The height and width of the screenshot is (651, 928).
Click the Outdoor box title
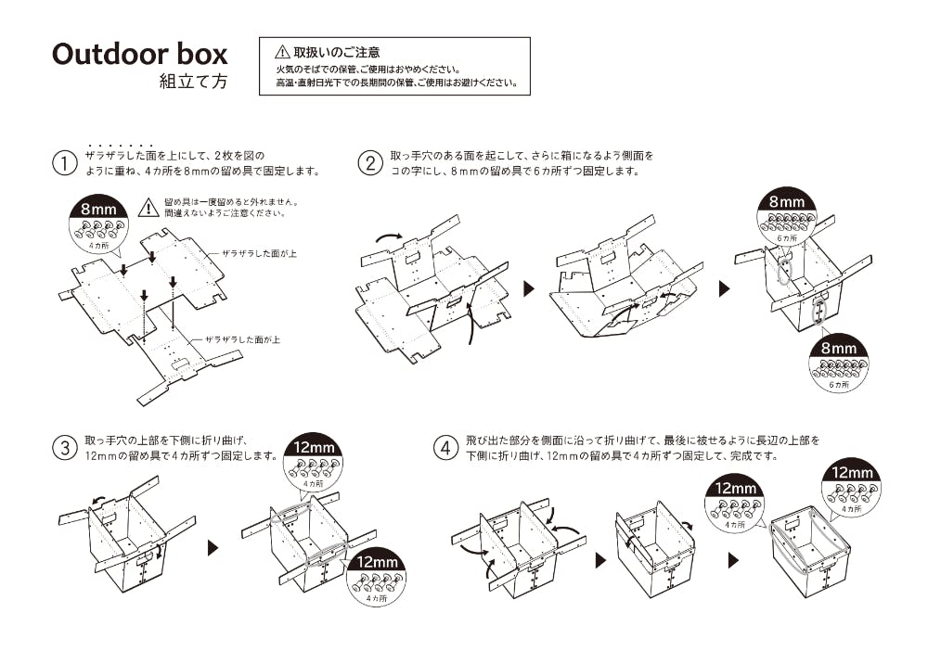coord(139,54)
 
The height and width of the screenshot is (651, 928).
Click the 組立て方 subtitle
coord(193,82)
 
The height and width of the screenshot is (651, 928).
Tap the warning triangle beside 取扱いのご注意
coord(283,52)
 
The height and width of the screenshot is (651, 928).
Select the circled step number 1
coord(64,164)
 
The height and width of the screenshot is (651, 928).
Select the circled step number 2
coord(370,164)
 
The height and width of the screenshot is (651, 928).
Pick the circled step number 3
coord(64,449)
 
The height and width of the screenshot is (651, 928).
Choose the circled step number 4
coord(446,449)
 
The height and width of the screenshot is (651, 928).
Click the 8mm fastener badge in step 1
coord(97,223)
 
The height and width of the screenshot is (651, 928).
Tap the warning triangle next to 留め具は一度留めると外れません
coord(148,208)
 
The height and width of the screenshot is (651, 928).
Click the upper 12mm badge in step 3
coord(314,462)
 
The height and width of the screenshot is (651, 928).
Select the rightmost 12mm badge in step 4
coord(852,488)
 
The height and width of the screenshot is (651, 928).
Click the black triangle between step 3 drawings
coord(213,548)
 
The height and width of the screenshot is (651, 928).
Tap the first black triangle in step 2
coord(530,288)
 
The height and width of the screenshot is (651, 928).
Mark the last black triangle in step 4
coord(734,560)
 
